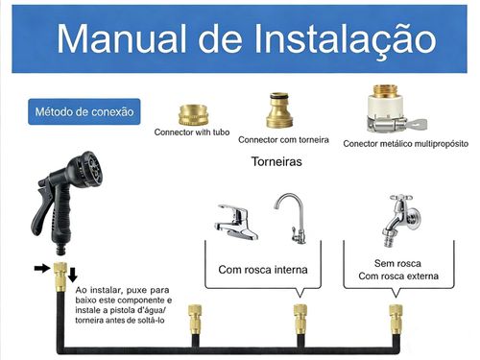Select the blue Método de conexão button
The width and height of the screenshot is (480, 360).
click(83, 111)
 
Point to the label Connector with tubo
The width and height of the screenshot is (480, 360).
click(193, 132)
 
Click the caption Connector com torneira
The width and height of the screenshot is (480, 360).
click(284, 139)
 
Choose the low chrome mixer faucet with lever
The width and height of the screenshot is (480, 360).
click(234, 222)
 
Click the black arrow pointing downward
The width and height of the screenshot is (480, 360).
click(73, 275)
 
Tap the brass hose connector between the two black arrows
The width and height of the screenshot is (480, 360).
click(58, 275)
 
